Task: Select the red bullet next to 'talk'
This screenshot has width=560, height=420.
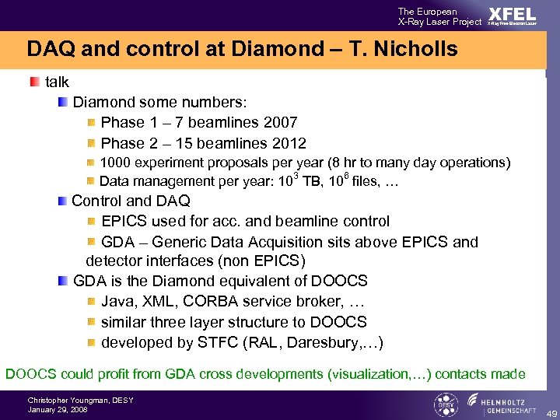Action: click(x=35, y=82)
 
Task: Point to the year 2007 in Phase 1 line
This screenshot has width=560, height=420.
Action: click(x=281, y=122)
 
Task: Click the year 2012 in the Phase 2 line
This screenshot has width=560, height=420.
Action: click(x=289, y=143)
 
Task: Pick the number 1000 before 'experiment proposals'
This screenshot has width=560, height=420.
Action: click(x=116, y=163)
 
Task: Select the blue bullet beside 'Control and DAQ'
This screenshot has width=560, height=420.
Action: click(x=62, y=201)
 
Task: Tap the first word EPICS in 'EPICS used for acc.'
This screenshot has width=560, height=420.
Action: click(x=124, y=222)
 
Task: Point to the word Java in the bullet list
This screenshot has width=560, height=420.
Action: click(x=118, y=301)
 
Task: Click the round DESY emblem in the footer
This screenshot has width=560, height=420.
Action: click(x=445, y=404)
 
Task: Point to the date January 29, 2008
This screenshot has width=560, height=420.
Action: click(x=58, y=410)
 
